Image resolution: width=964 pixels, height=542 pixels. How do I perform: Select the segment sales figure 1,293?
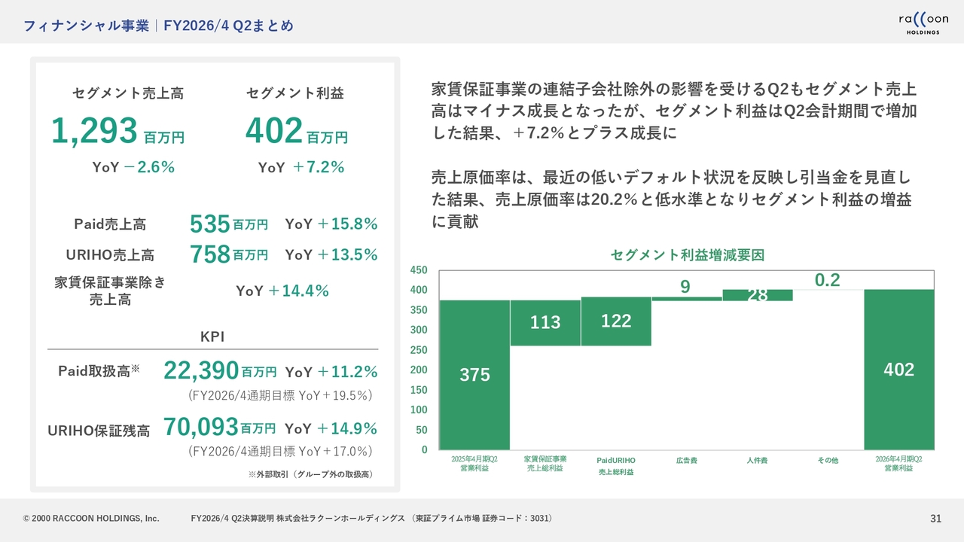(95, 131)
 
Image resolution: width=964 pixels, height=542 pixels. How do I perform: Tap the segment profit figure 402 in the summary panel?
(274, 131)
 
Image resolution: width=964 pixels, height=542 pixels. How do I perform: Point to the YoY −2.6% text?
(133, 168)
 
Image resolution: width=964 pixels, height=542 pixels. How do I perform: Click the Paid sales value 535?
(210, 224)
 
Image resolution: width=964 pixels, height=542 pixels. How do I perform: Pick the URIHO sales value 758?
(210, 254)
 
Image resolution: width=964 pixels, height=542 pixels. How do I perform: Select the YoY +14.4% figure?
(282, 291)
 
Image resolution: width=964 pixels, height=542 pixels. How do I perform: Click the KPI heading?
(212, 337)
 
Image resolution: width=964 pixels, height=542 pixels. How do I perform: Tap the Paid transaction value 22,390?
(201, 371)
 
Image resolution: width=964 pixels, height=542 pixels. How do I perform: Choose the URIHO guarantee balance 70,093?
(201, 428)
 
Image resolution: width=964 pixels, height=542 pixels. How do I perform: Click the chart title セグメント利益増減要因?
(687, 255)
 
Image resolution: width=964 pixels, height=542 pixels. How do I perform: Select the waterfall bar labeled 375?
(474, 375)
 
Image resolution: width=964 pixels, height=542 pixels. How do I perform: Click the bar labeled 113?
(545, 323)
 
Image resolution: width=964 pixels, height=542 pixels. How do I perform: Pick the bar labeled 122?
(616, 321)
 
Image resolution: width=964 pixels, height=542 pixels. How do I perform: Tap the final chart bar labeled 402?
(898, 370)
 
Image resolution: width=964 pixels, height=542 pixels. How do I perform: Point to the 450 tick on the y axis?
(418, 269)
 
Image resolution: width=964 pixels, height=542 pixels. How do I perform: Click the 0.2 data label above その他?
(827, 280)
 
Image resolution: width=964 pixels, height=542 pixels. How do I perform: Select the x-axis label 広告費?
(686, 460)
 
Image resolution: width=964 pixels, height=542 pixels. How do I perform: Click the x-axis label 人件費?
(757, 460)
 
